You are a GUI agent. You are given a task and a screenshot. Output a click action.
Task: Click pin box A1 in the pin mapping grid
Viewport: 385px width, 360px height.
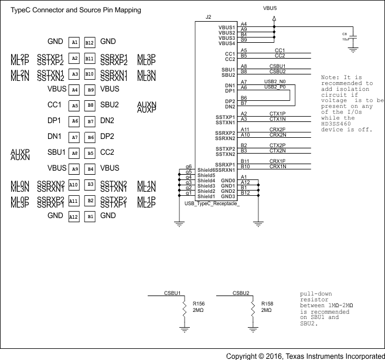pyautogui.click(x=74, y=43)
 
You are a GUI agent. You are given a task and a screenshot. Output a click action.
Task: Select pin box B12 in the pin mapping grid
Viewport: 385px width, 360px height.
pyautogui.click(x=90, y=43)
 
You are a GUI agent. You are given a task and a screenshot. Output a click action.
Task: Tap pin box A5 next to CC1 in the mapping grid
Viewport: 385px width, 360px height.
pyautogui.click(x=74, y=106)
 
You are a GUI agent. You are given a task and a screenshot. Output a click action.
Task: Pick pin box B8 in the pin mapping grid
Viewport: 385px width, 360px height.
pyautogui.click(x=90, y=106)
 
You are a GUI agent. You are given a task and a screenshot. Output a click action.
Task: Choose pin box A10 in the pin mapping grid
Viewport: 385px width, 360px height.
pyautogui.click(x=74, y=185)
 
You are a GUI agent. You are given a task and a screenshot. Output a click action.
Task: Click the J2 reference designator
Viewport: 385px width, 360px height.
pyautogui.click(x=209, y=18)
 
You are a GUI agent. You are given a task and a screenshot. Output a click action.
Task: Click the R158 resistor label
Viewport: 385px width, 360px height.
pyautogui.click(x=267, y=304)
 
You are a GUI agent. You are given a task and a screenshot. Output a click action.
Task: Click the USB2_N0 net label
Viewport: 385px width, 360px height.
pyautogui.click(x=275, y=81)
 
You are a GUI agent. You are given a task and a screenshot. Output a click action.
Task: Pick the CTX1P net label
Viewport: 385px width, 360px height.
pyautogui.click(x=277, y=113)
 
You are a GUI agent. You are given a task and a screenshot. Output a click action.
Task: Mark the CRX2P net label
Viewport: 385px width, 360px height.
pyautogui.click(x=277, y=129)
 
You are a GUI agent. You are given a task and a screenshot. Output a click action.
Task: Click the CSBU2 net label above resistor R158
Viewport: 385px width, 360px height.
pyautogui.click(x=241, y=293)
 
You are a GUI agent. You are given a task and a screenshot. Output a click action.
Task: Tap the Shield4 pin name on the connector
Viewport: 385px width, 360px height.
pyautogui.click(x=206, y=181)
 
